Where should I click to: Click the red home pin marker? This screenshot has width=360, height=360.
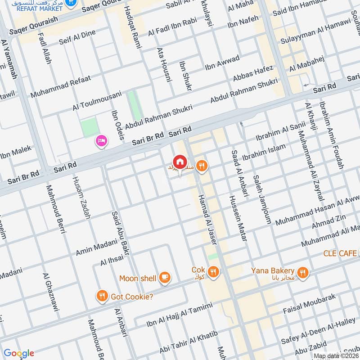tap(179, 162)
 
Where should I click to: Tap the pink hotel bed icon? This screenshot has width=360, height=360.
tap(101, 142)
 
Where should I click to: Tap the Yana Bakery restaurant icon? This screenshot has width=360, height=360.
tap(303, 271)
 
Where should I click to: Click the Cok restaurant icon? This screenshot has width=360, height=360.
tap(214, 271)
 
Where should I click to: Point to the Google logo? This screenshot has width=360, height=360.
tap(18, 353)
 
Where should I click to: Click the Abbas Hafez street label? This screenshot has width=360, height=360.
tap(253, 73)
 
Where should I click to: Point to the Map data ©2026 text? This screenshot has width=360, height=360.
tap(336, 355)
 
